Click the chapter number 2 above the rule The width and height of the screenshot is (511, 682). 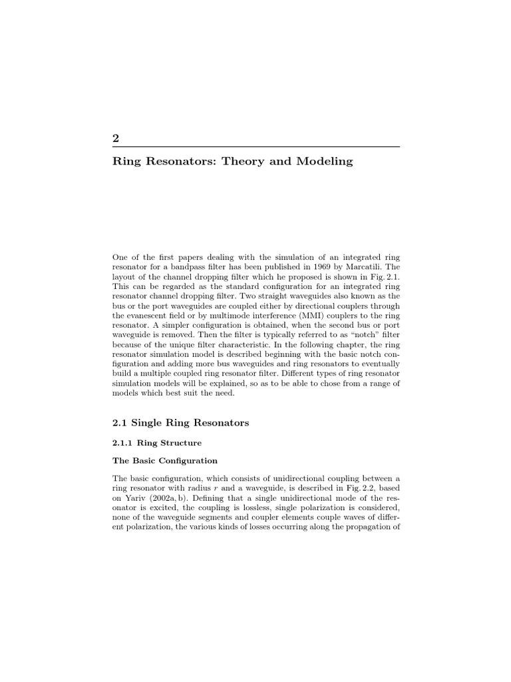116,139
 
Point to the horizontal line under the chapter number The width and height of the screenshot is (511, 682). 255,147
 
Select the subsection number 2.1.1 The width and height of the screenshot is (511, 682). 122,442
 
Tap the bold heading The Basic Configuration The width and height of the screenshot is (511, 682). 165,460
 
